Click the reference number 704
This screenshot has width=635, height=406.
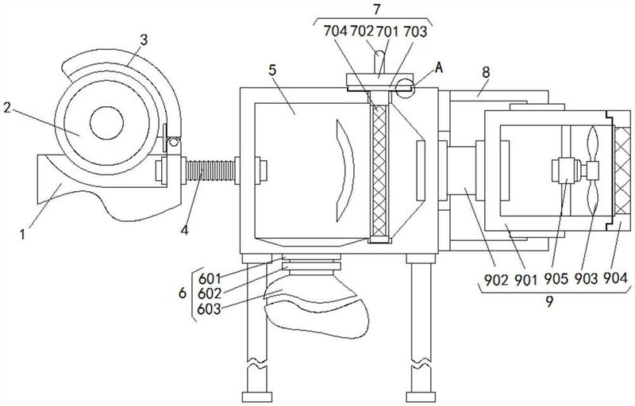click(x=335, y=31)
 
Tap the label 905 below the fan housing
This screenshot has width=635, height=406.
click(x=556, y=278)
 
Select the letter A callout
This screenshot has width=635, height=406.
click(x=439, y=68)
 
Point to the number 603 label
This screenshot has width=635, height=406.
click(x=209, y=309)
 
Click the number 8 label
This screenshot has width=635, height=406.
click(x=486, y=72)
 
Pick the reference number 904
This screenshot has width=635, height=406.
click(x=615, y=278)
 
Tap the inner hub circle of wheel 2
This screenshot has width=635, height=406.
click(x=106, y=124)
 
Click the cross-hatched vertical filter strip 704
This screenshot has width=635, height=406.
click(x=380, y=170)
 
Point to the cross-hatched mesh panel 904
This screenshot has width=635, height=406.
click(x=622, y=170)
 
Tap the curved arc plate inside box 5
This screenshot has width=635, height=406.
click(x=345, y=170)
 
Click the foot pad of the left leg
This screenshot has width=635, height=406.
click(x=256, y=397)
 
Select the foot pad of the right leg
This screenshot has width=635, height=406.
click(x=421, y=397)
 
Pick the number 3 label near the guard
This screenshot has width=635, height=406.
click(x=144, y=40)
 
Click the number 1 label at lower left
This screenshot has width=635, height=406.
click(x=23, y=234)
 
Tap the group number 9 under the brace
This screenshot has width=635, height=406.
click(x=549, y=301)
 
